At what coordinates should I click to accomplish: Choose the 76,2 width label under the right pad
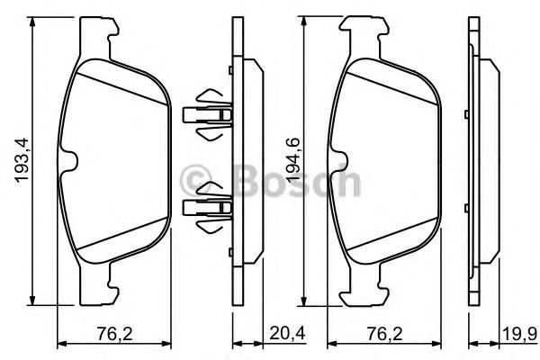click(382, 335)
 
